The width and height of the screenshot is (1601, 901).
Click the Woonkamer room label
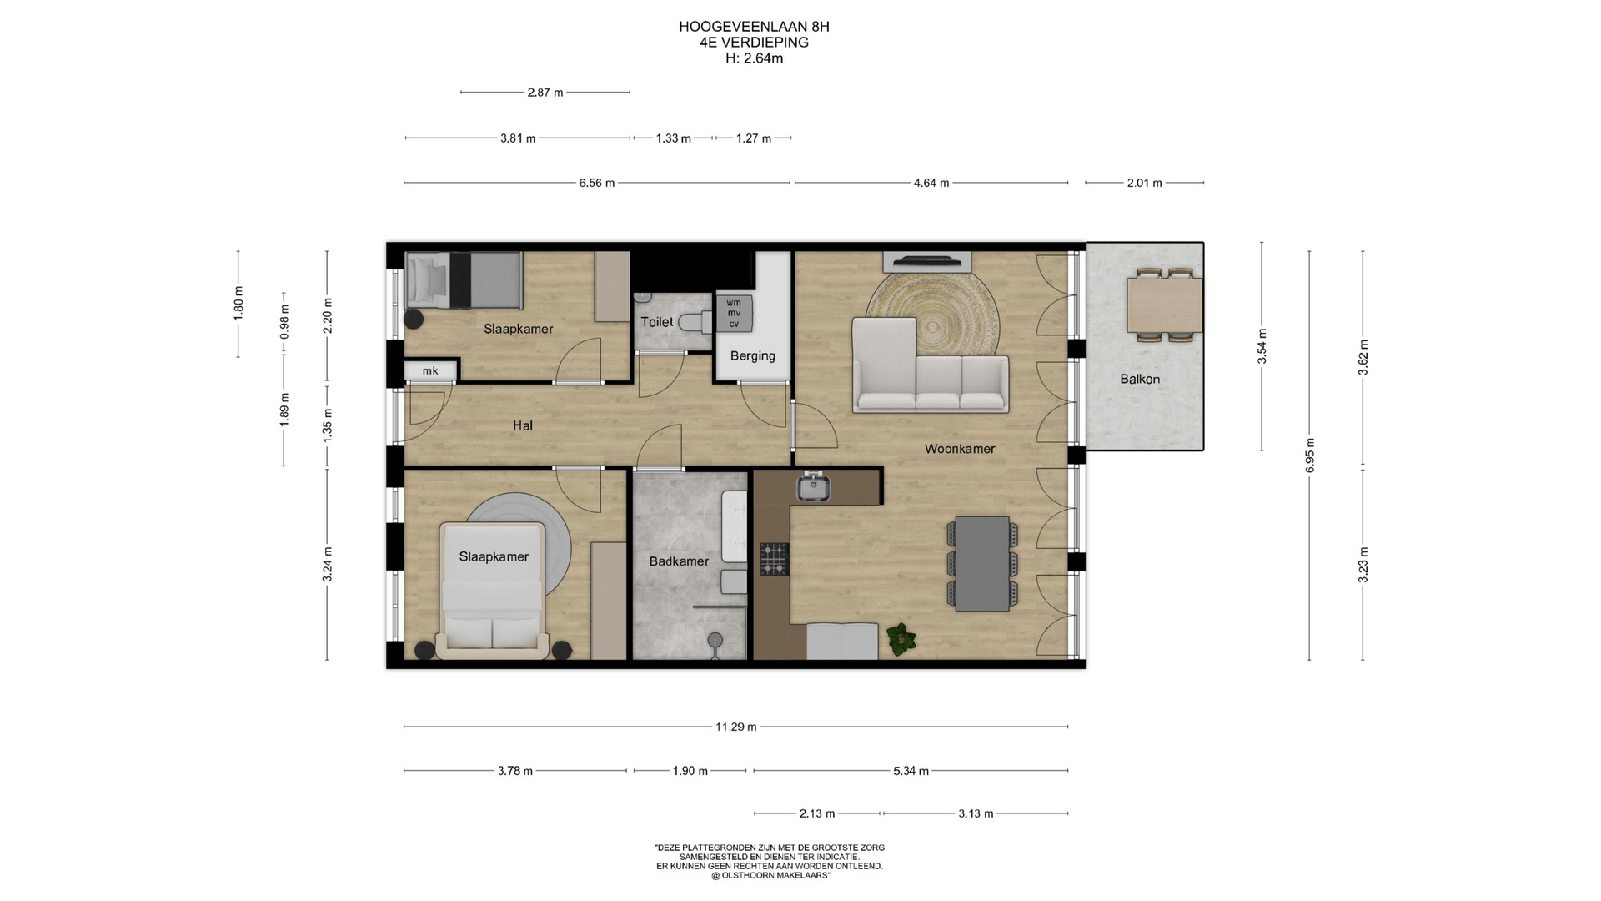[960, 449]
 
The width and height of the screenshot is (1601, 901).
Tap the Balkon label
[1140, 379]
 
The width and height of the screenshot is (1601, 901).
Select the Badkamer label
[679, 561]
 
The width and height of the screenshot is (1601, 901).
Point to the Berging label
[752, 356]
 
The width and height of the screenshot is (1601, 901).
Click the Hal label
[523, 425]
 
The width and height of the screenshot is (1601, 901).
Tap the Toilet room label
[656, 322]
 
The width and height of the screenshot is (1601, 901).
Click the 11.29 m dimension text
[736, 727]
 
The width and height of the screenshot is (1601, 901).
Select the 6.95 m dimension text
[1310, 456]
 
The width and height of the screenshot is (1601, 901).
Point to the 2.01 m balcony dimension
[1145, 183]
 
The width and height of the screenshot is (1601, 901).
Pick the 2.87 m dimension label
[545, 93]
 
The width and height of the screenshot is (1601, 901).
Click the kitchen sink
[813, 486]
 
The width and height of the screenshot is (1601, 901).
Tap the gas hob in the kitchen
[774, 559]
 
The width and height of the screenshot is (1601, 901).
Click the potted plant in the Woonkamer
[901, 638]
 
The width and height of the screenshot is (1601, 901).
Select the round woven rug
[932, 317]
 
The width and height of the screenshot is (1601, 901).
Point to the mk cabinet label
[430, 371]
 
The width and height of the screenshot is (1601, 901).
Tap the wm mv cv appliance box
[734, 313]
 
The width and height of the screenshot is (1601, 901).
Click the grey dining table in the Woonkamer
[983, 563]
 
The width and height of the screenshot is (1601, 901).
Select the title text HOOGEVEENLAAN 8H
[754, 27]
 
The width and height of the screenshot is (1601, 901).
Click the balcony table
[1165, 305]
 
